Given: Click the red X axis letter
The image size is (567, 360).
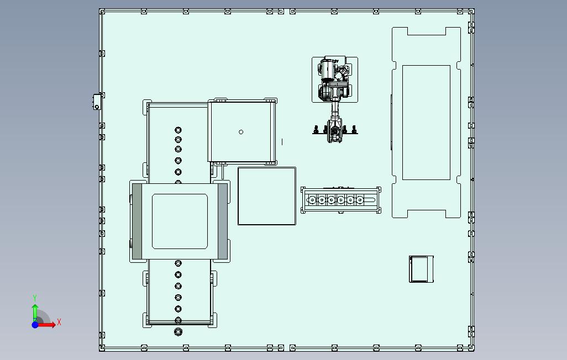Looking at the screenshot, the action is [x=59, y=322].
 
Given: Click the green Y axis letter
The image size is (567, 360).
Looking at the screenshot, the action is [x=35, y=298].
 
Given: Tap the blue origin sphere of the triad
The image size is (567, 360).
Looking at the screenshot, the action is [x=35, y=325].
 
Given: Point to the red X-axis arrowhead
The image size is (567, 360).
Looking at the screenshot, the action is [x=53, y=325].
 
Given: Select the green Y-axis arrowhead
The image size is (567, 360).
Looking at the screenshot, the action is [x=35, y=307].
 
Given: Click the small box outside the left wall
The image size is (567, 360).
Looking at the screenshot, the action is [x=97, y=102].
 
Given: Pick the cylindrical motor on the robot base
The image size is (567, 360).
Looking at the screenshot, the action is [x=328, y=71].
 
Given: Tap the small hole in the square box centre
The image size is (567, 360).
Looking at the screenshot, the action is [x=241, y=132].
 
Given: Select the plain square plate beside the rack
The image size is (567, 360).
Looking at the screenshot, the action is [x=267, y=196].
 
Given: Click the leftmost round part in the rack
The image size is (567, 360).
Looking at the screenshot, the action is [x=312, y=200].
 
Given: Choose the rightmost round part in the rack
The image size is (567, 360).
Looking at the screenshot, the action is [x=360, y=200].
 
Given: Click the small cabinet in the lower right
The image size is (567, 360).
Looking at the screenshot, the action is [x=421, y=269].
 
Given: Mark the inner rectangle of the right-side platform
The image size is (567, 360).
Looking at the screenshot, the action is [x=426, y=123].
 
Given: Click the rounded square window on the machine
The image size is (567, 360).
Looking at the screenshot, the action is [x=180, y=221].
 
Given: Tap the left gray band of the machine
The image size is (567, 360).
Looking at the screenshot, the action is [x=137, y=221].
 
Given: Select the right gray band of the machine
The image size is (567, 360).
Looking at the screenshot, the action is [x=223, y=221].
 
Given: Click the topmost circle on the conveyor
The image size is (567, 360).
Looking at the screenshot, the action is [x=178, y=130].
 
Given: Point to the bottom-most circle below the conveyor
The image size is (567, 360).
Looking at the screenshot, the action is [x=179, y=331].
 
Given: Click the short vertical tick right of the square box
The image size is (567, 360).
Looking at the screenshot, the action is [x=282, y=142].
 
